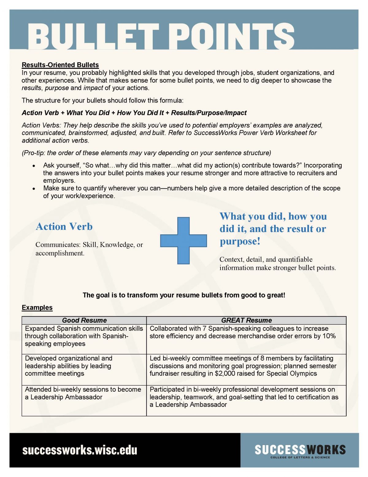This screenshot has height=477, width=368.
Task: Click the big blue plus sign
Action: (x=184, y=240)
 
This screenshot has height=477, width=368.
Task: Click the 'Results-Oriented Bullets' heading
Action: (x=60, y=65)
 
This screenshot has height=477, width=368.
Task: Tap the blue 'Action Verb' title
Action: (x=64, y=226)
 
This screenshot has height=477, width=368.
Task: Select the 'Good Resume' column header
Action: (x=84, y=320)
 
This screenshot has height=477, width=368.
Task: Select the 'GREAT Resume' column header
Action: (x=246, y=320)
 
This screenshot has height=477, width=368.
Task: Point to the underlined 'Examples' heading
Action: (x=37, y=307)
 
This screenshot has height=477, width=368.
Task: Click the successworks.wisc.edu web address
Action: (x=80, y=450)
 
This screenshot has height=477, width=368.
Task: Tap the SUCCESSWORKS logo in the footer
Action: (x=300, y=451)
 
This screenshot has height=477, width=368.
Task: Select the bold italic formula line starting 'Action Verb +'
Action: (x=134, y=113)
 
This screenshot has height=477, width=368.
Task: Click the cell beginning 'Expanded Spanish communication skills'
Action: (x=84, y=336)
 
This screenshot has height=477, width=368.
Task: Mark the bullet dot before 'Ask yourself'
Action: (x=34, y=166)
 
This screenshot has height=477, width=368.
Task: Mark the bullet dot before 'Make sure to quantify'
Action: (x=34, y=189)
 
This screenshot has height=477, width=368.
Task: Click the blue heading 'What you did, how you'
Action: (x=273, y=216)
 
